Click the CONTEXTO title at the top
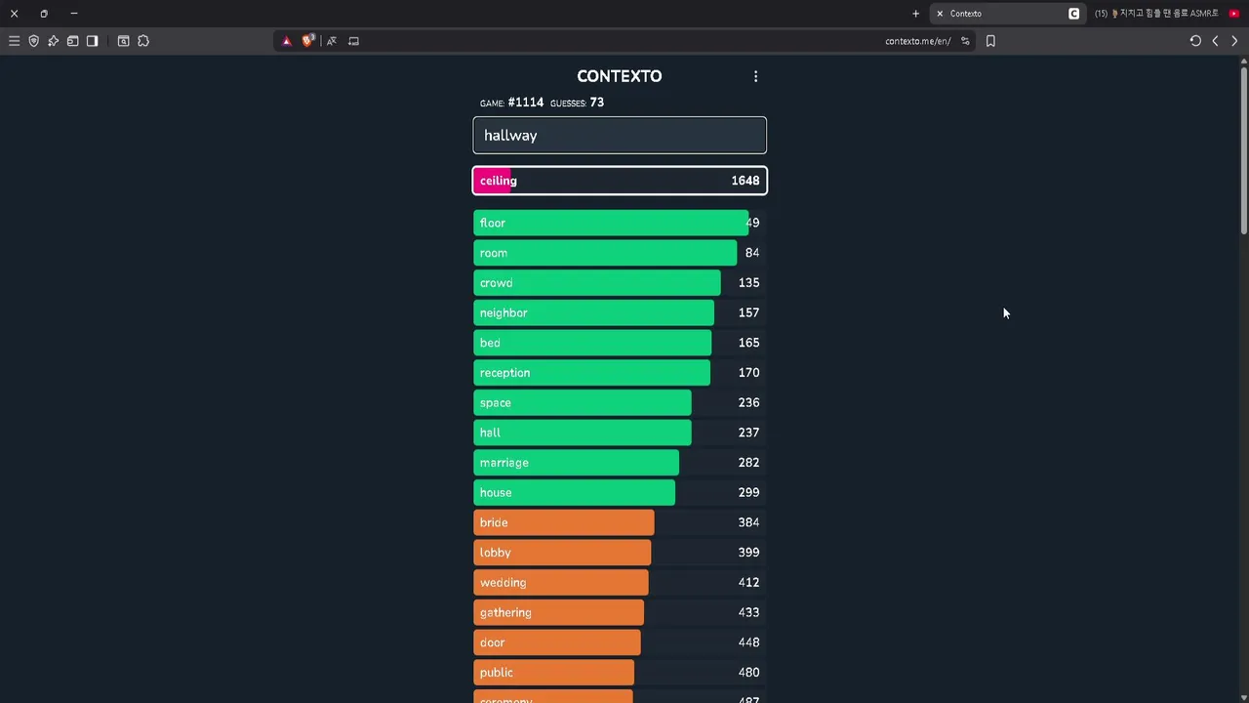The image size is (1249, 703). (x=619, y=76)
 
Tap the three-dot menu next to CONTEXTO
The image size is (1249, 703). (x=755, y=76)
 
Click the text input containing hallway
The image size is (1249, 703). (x=620, y=136)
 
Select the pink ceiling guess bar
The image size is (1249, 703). (x=620, y=181)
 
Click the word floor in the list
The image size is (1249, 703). (x=493, y=223)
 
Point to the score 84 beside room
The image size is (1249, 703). (x=751, y=253)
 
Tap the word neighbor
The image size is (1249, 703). (x=504, y=312)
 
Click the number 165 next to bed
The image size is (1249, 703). (x=748, y=343)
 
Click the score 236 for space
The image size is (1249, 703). (x=748, y=402)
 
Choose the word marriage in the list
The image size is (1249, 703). (x=504, y=463)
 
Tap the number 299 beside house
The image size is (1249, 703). (x=748, y=492)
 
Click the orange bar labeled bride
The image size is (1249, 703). (x=564, y=522)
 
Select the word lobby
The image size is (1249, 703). (x=496, y=553)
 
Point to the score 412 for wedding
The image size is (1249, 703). (x=748, y=583)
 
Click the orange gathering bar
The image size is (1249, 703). (x=559, y=612)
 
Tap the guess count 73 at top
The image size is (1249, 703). (x=596, y=103)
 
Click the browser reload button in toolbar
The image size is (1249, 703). (x=1195, y=41)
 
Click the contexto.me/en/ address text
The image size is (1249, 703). (x=917, y=41)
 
